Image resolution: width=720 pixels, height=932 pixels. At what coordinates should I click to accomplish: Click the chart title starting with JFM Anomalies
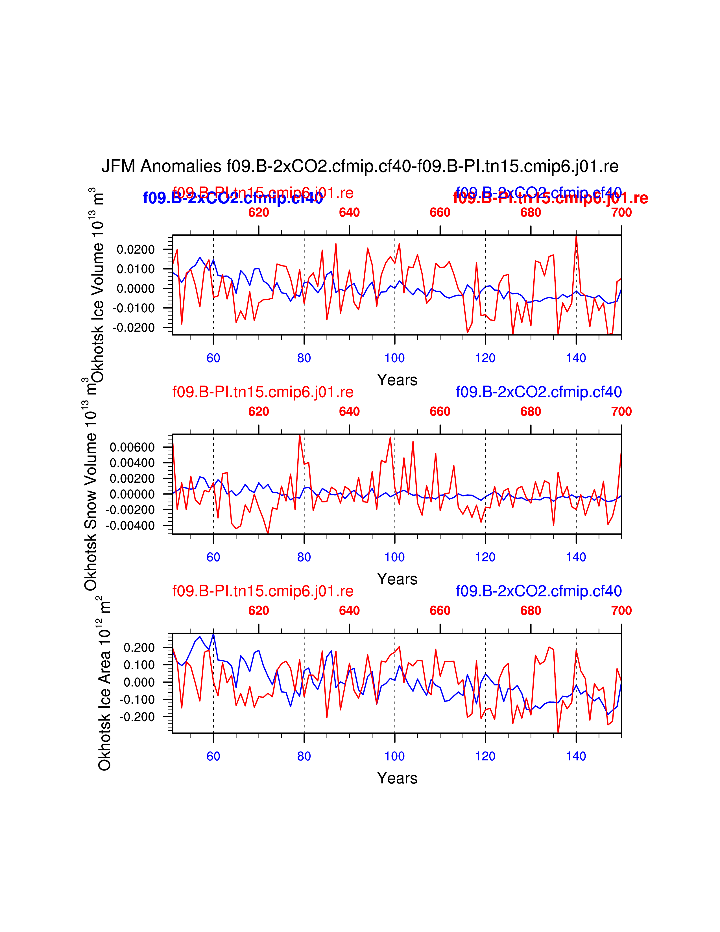tap(359, 166)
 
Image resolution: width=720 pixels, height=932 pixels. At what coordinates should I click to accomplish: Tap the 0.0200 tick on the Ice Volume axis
tap(136, 250)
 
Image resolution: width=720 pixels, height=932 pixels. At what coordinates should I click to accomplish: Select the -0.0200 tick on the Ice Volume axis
tap(134, 328)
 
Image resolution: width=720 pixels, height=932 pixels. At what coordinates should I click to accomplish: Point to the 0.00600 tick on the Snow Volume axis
tap(132, 447)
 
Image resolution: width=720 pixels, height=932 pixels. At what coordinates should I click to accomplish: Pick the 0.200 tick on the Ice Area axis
tap(139, 648)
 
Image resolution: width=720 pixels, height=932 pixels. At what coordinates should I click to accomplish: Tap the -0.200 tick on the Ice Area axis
tap(137, 717)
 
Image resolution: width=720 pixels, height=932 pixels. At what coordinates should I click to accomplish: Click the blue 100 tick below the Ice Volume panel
tap(394, 358)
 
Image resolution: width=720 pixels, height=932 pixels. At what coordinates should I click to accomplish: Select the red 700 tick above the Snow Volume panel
tap(621, 411)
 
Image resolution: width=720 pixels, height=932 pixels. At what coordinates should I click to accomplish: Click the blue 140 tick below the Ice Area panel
tap(576, 756)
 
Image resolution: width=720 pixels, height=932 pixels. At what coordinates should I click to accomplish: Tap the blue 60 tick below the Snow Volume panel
tap(213, 557)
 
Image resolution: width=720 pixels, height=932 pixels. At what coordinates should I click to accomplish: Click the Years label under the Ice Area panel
tap(397, 778)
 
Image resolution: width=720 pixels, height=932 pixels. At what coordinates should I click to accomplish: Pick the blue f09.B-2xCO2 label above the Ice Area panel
tap(539, 591)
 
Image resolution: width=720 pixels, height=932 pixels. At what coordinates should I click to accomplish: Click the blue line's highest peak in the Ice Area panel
tap(213, 634)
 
